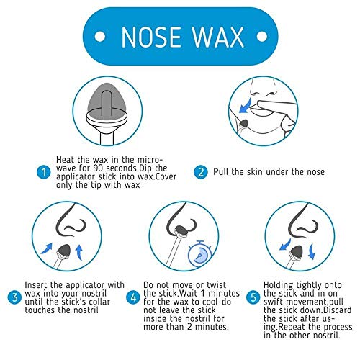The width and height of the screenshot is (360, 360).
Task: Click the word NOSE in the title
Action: [151, 37]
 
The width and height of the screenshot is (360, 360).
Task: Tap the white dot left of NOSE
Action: [100, 37]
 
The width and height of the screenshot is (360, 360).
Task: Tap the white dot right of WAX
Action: [262, 37]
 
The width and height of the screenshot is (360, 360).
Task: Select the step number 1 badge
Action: [44, 172]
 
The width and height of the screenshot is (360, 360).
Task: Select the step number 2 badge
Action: [201, 172]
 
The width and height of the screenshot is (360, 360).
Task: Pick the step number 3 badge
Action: [14, 297]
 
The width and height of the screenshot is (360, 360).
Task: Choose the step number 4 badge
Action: [133, 297]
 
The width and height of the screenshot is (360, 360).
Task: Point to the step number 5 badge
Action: [253, 297]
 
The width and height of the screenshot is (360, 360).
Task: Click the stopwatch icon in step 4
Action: [199, 253]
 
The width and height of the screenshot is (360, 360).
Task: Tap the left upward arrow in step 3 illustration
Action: [46, 248]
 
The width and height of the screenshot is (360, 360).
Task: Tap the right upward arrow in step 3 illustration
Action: [79, 252]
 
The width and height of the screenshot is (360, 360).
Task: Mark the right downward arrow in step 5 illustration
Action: [311, 251]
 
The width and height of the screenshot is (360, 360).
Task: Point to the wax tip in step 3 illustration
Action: [64, 251]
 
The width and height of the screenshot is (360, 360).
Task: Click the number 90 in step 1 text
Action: [99, 168]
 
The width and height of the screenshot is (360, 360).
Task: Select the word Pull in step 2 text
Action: [221, 172]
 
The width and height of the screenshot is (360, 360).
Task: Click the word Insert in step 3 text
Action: [37, 285]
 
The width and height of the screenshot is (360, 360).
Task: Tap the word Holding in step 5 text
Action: [279, 286]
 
